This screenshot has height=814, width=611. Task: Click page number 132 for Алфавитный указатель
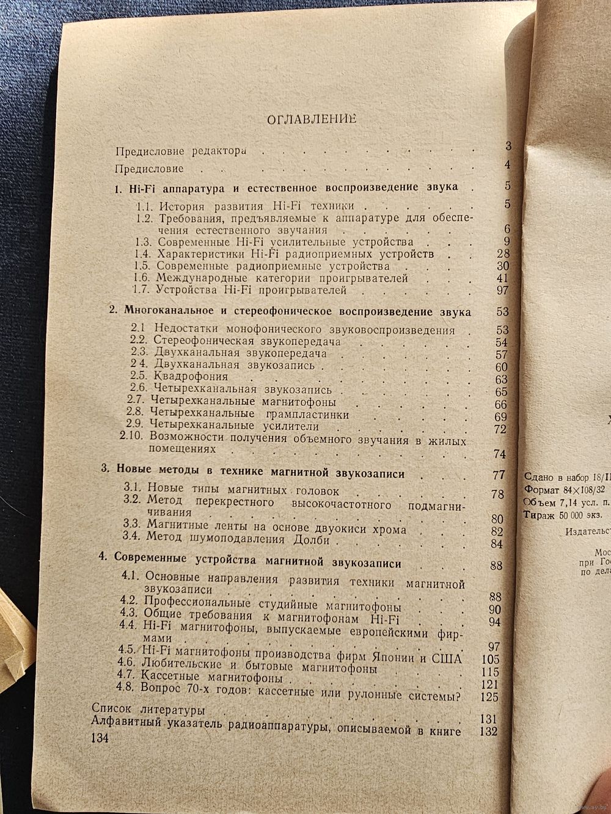click(489, 731)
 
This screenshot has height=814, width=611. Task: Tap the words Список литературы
click(147, 711)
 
